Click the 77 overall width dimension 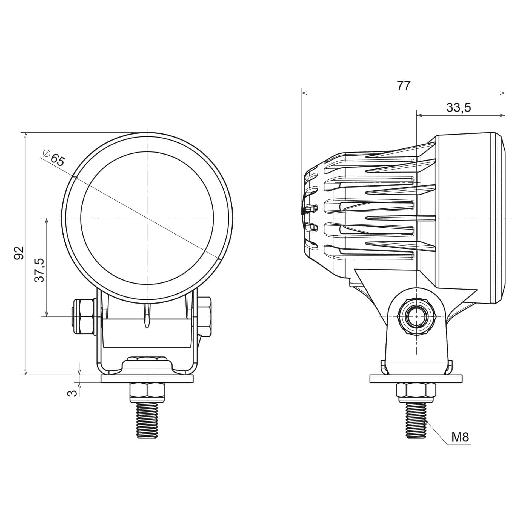pyautogui.click(x=404, y=86)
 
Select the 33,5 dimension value pyautogui.click(x=459, y=108)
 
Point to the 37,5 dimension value pyautogui.click(x=39, y=270)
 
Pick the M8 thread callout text pyautogui.click(x=460, y=438)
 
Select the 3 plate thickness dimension pyautogui.click(x=72, y=393)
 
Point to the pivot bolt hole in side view pyautogui.click(x=416, y=317)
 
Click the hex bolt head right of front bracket pyautogui.click(x=204, y=317)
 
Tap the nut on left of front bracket pyautogui.click(x=84, y=317)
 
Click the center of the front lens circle pyautogui.click(x=147, y=218)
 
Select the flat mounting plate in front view pyautogui.click(x=147, y=379)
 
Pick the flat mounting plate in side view pyautogui.click(x=416, y=379)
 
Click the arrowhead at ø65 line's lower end pyautogui.click(x=219, y=259)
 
